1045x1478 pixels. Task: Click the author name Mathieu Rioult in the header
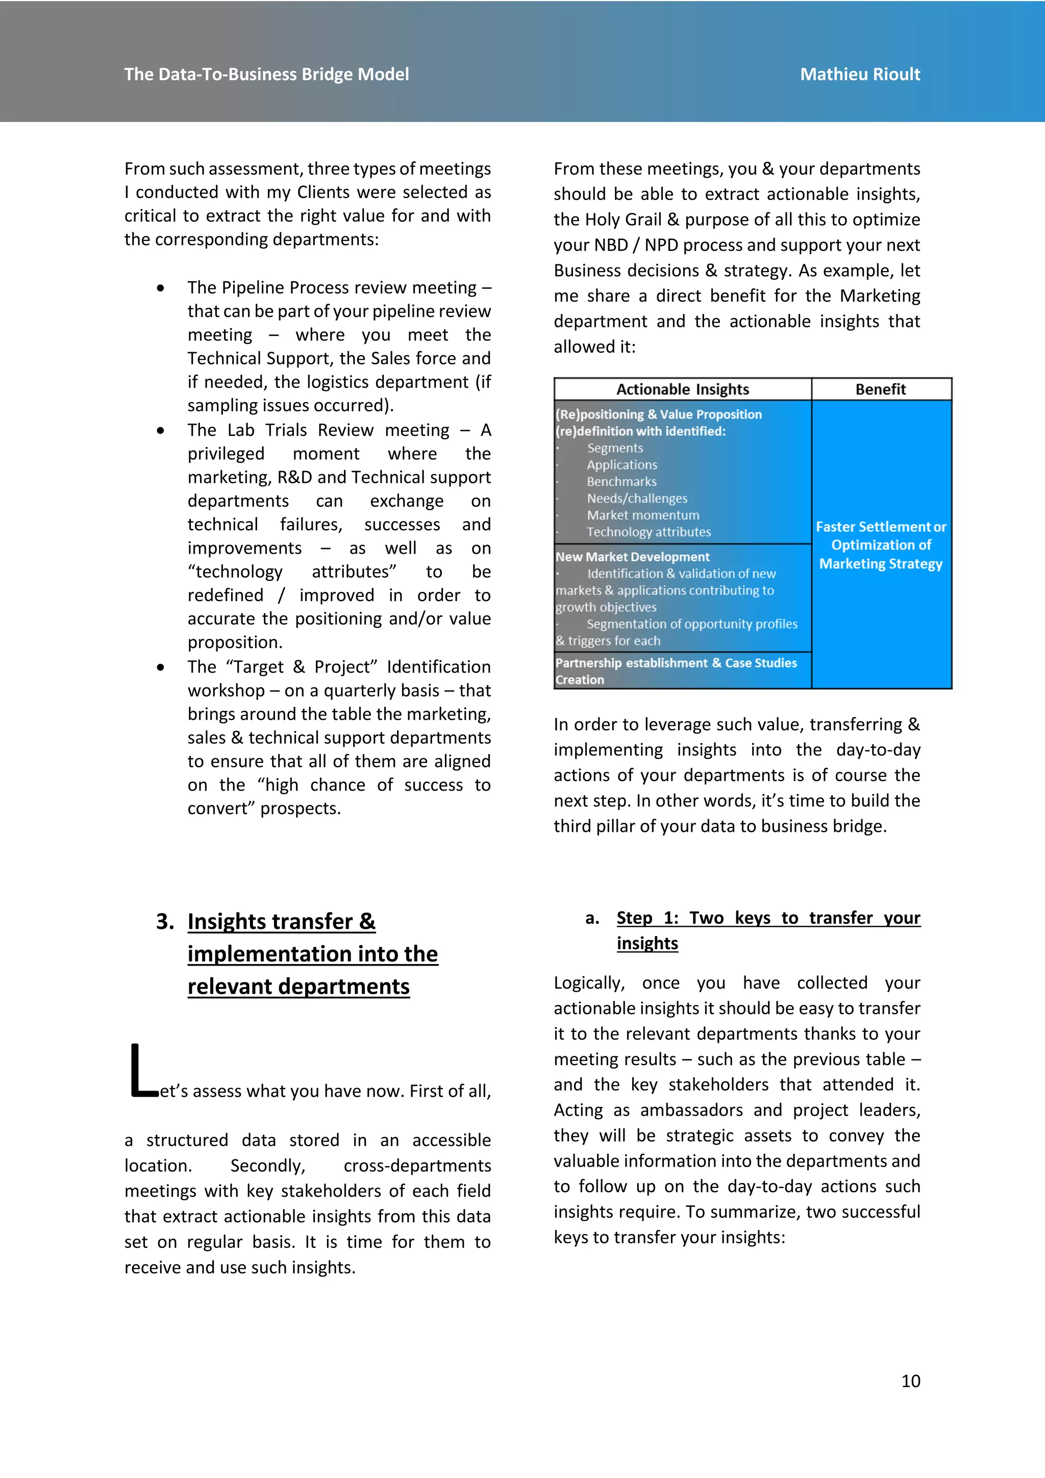click(860, 75)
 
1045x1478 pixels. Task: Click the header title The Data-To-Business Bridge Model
click(266, 75)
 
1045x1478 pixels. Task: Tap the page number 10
click(910, 1381)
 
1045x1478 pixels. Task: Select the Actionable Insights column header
click(682, 389)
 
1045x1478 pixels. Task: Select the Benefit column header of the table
click(880, 389)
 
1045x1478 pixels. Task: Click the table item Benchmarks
click(621, 481)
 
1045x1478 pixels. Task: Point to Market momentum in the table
click(642, 515)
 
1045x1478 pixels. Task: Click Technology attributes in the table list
click(648, 532)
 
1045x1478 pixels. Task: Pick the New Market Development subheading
click(633, 557)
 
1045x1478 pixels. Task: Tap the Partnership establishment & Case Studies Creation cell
click(676, 671)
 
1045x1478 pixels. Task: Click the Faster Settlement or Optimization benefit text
click(880, 545)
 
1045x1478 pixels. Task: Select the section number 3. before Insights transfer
click(165, 921)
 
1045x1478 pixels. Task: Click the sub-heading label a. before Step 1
click(592, 919)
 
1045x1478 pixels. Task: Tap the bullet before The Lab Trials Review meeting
click(160, 431)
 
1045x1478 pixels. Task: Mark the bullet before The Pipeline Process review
click(160, 288)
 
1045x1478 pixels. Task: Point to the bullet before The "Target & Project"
click(160, 668)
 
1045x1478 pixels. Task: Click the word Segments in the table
click(614, 448)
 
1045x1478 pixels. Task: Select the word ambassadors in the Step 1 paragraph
click(691, 1110)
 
